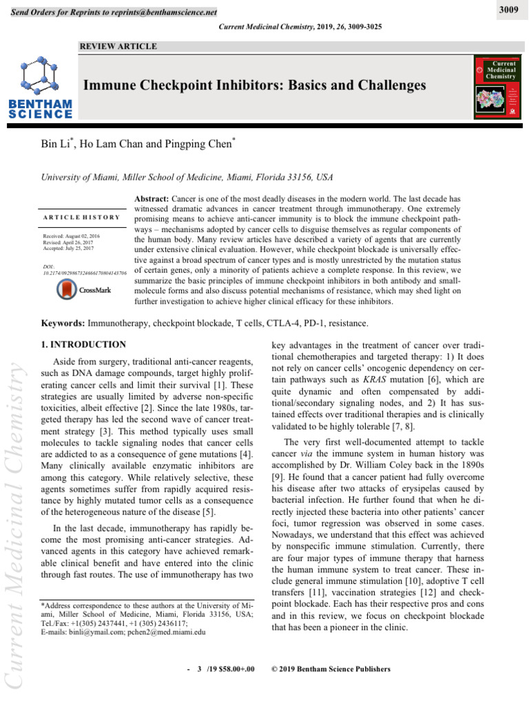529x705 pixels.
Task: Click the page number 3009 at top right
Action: (x=508, y=10)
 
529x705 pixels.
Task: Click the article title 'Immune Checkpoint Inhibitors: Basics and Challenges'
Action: (x=254, y=85)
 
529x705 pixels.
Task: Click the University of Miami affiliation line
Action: (x=188, y=177)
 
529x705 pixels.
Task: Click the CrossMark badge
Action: (x=83, y=290)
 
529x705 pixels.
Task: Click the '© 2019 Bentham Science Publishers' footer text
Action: (x=331, y=669)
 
